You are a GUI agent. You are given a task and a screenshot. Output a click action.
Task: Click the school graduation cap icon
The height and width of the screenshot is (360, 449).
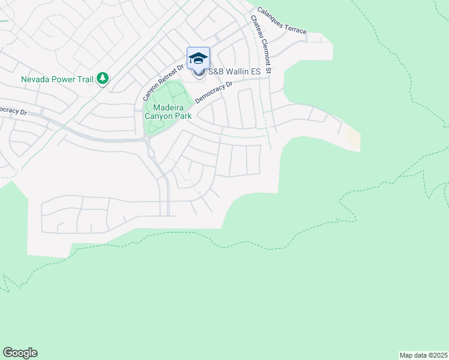[198, 58]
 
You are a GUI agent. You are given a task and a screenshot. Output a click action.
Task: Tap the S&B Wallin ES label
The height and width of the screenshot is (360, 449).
[235, 72]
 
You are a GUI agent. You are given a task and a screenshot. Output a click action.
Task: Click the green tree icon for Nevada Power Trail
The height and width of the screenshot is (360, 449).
[103, 78]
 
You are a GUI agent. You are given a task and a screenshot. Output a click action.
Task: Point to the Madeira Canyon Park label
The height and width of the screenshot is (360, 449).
[168, 112]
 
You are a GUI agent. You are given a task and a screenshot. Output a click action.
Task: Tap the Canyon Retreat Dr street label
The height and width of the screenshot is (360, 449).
[162, 83]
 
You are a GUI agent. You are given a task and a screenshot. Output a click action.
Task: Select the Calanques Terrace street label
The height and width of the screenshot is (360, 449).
[282, 20]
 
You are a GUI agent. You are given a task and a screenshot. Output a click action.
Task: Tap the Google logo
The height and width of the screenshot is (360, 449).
[20, 353]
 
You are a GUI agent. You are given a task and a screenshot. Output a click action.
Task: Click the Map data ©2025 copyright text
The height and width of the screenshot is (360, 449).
[423, 355]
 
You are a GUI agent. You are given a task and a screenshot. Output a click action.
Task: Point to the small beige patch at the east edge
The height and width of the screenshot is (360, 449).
[354, 140]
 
